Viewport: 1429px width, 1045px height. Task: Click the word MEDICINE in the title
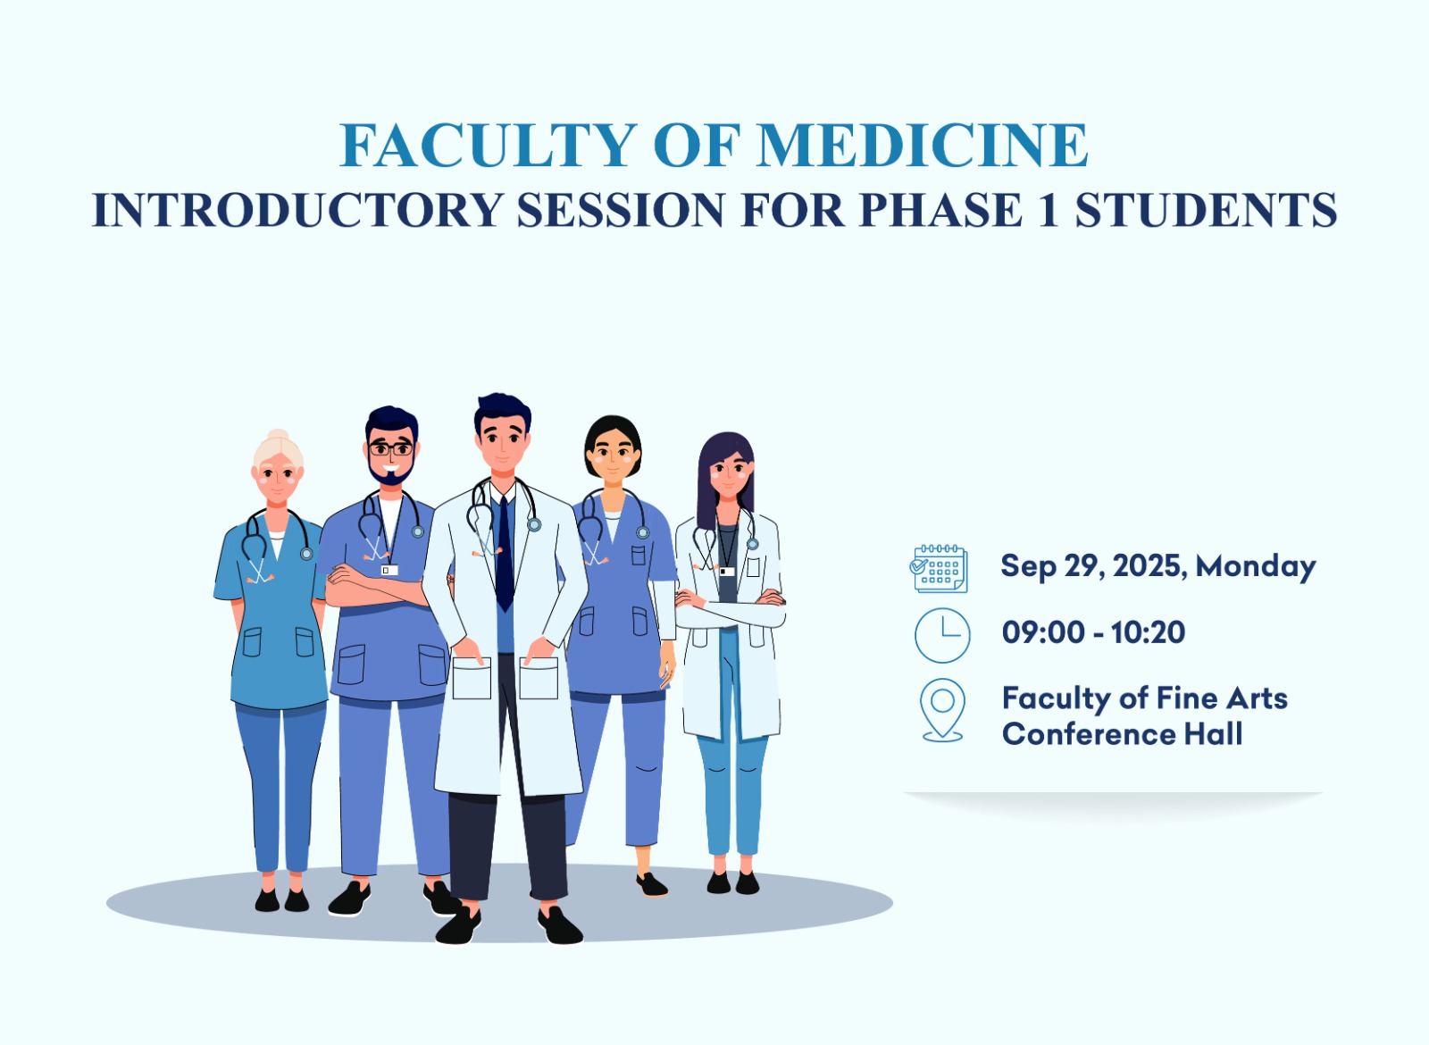click(x=923, y=146)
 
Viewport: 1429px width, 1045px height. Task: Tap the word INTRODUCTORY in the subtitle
click(x=297, y=209)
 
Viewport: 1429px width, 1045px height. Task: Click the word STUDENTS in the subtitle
click(x=1206, y=209)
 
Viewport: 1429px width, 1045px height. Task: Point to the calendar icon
click(x=939, y=568)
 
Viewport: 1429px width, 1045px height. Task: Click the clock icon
click(x=942, y=635)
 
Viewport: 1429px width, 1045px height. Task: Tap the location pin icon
click(x=942, y=710)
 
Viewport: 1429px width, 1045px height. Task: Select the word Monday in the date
click(x=1256, y=566)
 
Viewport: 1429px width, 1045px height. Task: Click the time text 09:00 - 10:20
click(x=1093, y=632)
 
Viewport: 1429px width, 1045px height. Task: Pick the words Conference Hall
click(x=1122, y=733)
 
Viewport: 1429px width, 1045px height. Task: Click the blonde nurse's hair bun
click(x=278, y=436)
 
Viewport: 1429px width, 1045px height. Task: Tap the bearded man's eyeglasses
click(x=390, y=449)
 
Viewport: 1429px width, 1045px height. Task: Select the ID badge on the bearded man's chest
click(x=389, y=570)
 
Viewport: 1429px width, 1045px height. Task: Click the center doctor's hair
click(x=503, y=412)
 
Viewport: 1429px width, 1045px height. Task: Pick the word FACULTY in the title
click(x=489, y=146)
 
